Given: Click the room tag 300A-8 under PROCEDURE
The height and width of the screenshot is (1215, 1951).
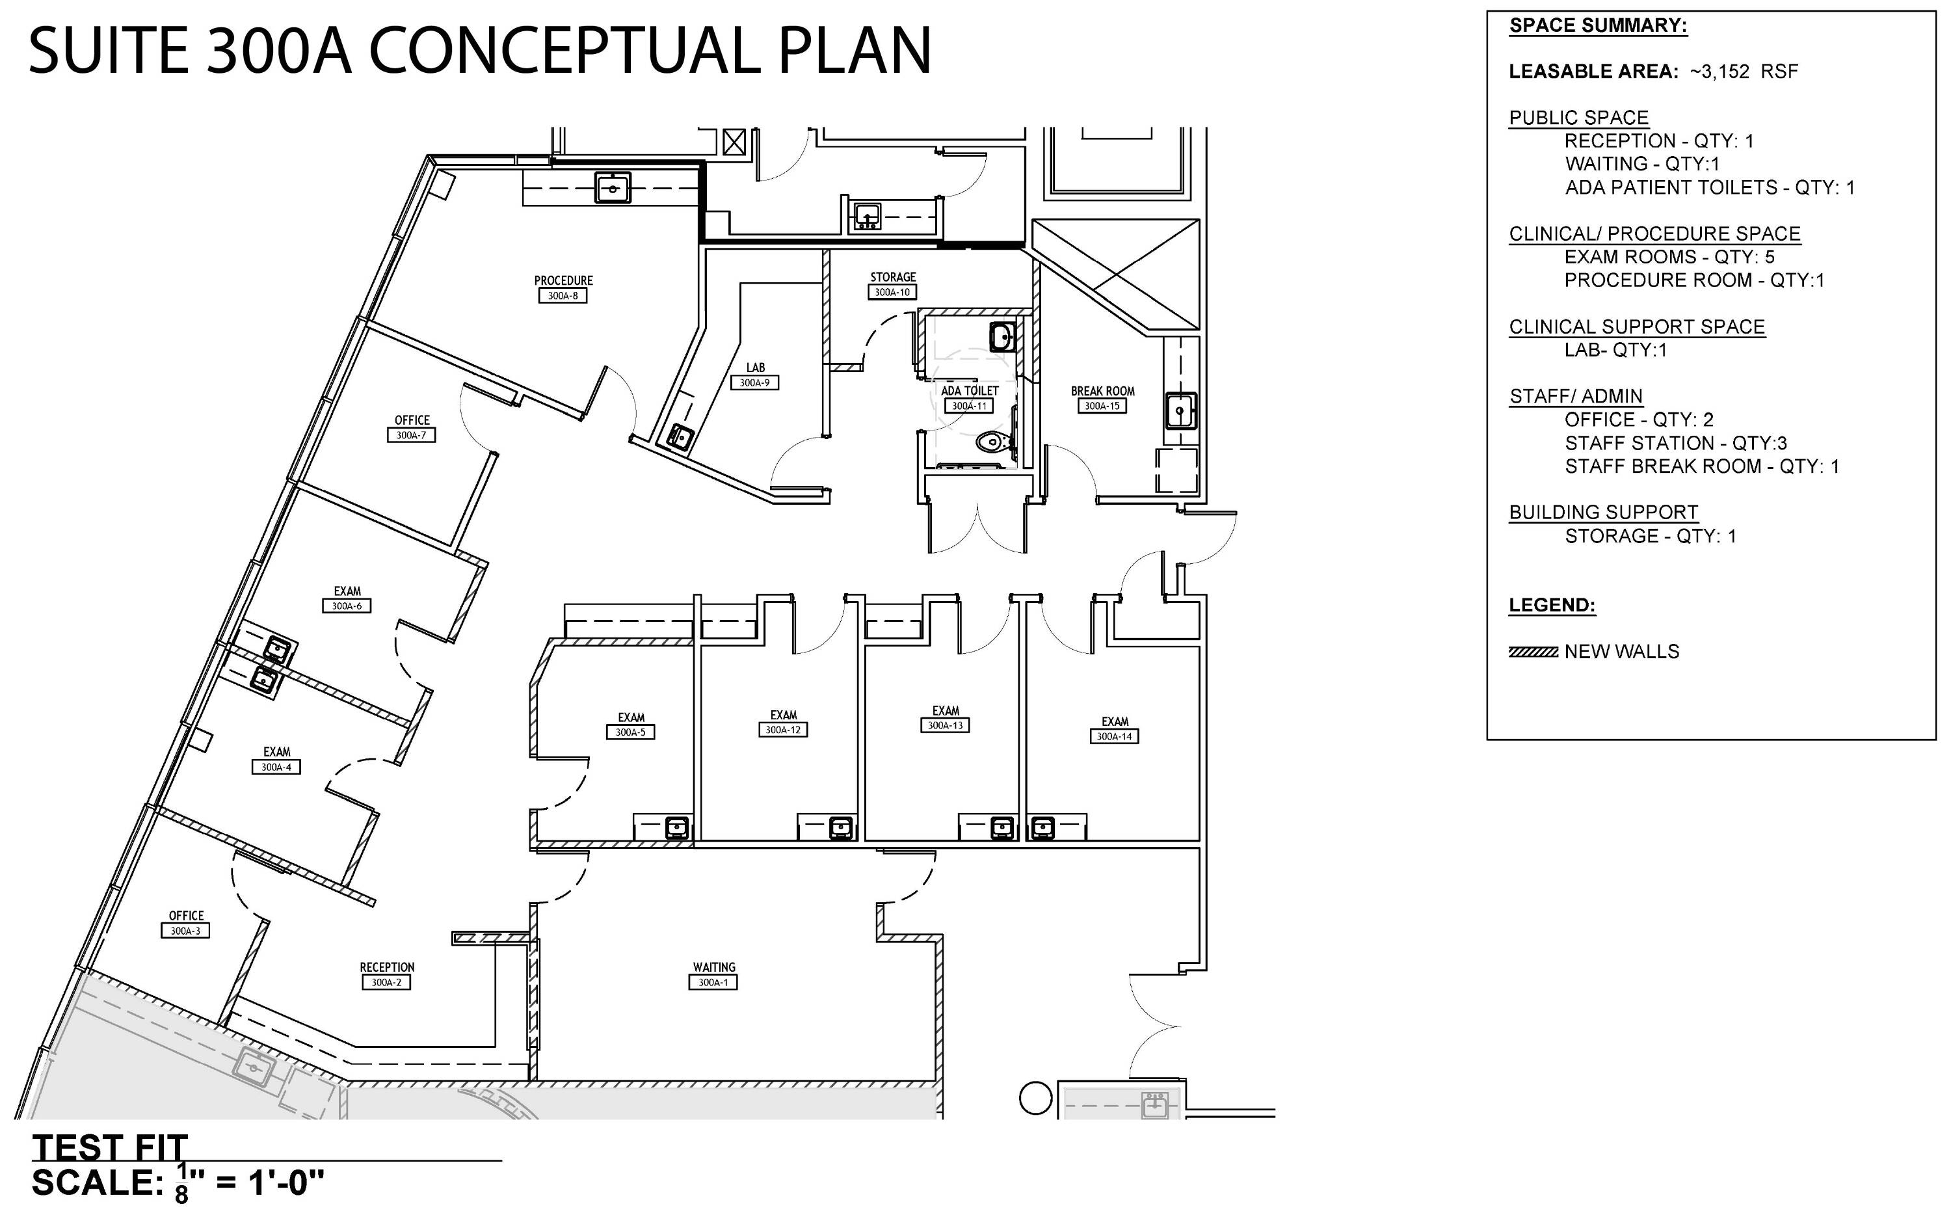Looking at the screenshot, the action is pos(563,296).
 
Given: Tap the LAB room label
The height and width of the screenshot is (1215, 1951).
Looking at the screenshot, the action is pos(755,368).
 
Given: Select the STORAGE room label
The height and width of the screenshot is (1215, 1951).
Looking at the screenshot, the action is pos(892,277).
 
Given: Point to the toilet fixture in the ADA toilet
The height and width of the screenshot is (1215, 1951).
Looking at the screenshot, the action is pos(993,441).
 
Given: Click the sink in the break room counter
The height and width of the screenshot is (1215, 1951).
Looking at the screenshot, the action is pos(1180,410).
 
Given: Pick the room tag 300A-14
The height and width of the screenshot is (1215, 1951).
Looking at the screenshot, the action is pos(1114,736).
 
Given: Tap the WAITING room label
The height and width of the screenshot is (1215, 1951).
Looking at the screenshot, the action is pos(713,967).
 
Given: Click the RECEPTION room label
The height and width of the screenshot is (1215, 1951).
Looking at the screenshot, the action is pos(387,967).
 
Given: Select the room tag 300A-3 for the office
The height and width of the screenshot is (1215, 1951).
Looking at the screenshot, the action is pos(185,931).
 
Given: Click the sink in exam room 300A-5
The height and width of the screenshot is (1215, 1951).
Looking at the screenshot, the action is pos(678,827).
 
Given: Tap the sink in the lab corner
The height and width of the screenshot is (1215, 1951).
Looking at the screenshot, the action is pos(681,438).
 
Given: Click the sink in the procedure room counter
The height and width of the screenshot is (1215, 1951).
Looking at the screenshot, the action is pos(613,189).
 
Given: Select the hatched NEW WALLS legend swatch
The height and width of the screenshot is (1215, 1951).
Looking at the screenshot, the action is pos(1533,652).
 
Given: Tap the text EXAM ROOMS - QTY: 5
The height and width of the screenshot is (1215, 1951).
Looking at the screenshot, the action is pos(1669,257).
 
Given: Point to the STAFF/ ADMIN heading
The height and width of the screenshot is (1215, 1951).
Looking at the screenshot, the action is pos(1576,396).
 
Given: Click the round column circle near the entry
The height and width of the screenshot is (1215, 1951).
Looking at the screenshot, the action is pos(1035,1099).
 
